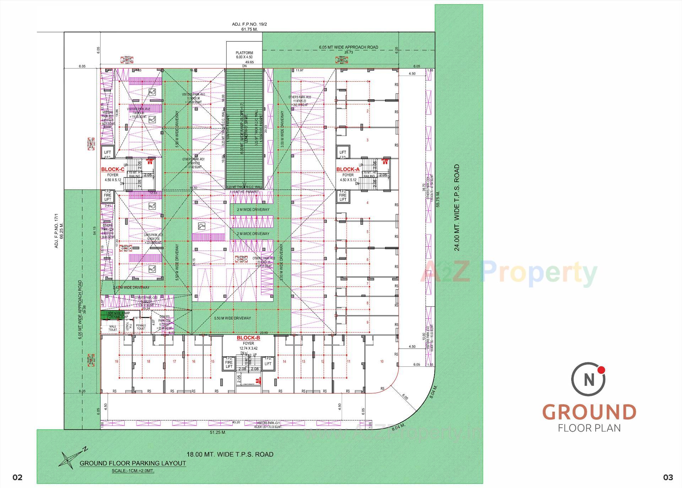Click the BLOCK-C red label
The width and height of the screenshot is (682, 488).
(x=113, y=170)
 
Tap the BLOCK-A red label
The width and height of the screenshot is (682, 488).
(x=348, y=169)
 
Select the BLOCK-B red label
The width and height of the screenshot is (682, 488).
(x=248, y=338)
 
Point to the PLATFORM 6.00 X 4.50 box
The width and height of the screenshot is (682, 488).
(x=244, y=55)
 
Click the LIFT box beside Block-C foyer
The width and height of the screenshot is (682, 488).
(x=107, y=152)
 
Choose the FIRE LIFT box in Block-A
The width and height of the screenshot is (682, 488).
(x=342, y=195)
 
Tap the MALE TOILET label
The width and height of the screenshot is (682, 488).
(x=113, y=328)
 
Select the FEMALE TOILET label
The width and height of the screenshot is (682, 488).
(x=141, y=327)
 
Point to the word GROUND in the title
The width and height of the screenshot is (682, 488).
(x=589, y=412)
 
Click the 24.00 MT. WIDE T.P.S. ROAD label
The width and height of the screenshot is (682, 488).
(x=457, y=207)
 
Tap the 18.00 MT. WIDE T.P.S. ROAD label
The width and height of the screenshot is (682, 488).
(x=230, y=454)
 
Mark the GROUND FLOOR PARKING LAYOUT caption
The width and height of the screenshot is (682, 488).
(x=132, y=463)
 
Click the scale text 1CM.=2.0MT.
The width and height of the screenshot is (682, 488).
(x=133, y=471)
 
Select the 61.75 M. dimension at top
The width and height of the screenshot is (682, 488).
(x=249, y=29)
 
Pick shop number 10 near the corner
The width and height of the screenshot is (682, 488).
(x=382, y=362)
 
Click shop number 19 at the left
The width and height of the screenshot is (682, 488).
(x=116, y=362)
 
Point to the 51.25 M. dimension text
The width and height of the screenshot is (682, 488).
(x=217, y=432)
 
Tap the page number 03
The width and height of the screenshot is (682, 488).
(x=668, y=478)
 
